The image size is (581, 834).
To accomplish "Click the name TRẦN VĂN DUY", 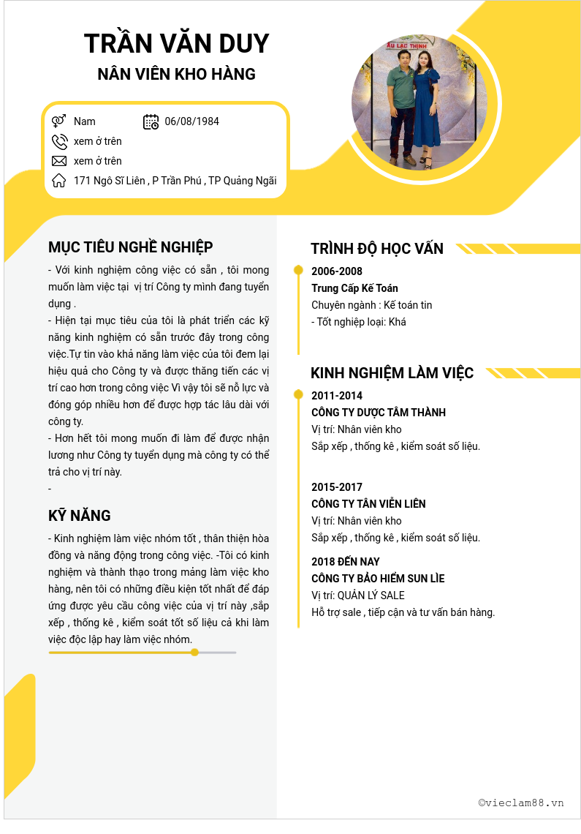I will click(176, 44).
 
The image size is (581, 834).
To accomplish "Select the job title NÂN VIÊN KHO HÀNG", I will click(176, 74).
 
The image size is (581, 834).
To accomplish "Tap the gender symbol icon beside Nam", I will click(59, 121).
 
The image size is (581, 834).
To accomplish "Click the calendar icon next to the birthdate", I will click(151, 121).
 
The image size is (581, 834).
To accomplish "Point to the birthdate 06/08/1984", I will click(191, 121).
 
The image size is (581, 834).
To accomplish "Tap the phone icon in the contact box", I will click(59, 141).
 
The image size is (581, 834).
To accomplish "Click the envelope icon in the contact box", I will click(59, 161).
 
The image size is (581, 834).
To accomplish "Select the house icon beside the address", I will click(59, 181).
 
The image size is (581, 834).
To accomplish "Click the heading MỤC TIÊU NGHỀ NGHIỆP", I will click(131, 247).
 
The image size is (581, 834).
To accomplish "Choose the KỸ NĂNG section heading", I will click(80, 516).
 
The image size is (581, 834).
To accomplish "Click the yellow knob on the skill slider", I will click(194, 652).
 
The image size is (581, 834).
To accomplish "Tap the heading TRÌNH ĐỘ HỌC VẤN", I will click(377, 249).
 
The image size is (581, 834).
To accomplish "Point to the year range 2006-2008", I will click(337, 271).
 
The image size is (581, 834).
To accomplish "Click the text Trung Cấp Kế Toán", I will click(354, 288).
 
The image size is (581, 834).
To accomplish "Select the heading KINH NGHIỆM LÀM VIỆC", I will click(392, 373).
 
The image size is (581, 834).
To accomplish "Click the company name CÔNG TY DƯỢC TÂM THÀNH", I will click(379, 413).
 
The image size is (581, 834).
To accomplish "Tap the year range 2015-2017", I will click(337, 487).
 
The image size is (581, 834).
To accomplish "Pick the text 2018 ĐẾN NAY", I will click(346, 562).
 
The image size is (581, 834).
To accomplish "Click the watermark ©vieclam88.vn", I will click(521, 803).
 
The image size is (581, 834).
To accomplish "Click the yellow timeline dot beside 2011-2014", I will click(298, 395).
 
